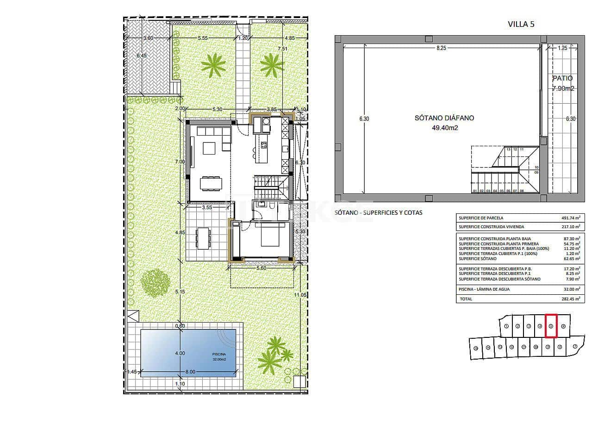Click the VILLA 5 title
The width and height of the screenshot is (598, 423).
coord(521,25)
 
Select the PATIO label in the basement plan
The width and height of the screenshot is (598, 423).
coord(562,79)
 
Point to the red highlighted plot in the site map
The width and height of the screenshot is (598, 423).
coord(551,325)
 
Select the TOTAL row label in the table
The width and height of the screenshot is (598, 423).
coord(465,299)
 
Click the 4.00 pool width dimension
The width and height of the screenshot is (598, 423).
coord(180,353)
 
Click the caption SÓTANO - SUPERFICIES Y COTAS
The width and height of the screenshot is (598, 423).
coord(378,213)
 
